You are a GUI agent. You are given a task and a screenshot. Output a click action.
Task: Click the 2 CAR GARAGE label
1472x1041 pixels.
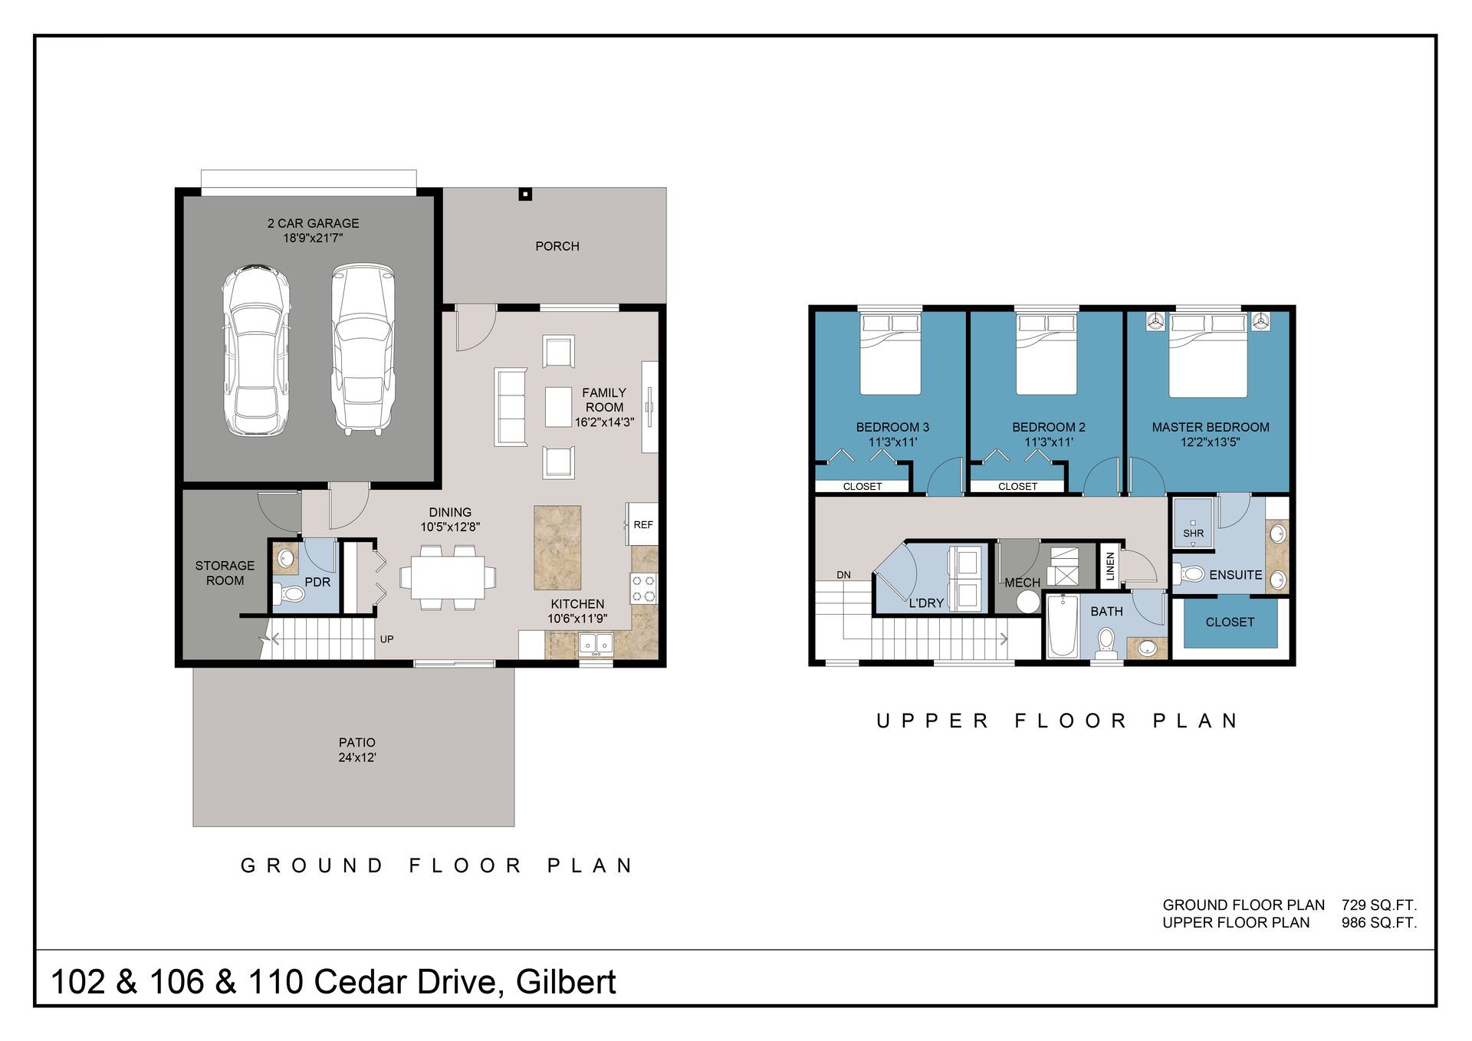tap(313, 223)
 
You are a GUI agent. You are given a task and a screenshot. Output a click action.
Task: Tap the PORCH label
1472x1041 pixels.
tap(557, 246)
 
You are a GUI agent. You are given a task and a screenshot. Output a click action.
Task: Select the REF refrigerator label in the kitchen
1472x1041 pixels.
tap(643, 525)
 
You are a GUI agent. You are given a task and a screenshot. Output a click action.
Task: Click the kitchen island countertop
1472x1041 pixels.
tap(557, 547)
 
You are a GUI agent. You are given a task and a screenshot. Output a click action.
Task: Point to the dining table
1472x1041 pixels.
tap(448, 577)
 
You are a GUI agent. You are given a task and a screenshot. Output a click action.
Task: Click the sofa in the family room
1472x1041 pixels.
tap(511, 407)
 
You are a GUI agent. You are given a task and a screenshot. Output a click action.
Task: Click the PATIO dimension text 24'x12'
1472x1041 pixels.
tap(357, 757)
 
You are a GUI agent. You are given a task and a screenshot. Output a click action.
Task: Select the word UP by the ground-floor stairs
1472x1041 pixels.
tap(387, 639)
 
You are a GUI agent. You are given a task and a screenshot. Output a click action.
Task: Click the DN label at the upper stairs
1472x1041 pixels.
tap(843, 575)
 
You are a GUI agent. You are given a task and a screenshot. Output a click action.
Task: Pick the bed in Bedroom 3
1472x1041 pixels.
tap(890, 354)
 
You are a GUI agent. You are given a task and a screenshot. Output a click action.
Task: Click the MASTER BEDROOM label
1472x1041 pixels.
tap(1211, 427)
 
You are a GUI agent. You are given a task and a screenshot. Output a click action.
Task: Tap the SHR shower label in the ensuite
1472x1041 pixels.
tap(1194, 534)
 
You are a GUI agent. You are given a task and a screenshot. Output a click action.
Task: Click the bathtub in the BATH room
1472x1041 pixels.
tap(1063, 626)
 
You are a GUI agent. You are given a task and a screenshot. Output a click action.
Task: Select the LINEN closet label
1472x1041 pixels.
tap(1109, 566)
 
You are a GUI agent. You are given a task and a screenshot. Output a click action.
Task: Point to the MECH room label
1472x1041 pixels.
tap(1023, 583)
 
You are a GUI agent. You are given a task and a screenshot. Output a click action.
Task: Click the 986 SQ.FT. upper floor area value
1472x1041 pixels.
tap(1379, 923)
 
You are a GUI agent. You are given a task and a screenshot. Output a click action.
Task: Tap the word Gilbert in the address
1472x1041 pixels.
tap(566, 982)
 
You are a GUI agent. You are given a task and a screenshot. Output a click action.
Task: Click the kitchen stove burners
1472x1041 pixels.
tap(644, 588)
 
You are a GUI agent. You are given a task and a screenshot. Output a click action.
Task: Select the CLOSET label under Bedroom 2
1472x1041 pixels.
tap(1018, 487)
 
